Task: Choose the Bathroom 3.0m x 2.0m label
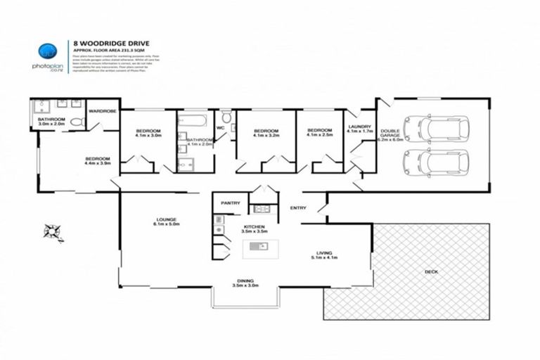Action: click(x=51, y=122)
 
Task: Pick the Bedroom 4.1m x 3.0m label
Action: click(x=148, y=133)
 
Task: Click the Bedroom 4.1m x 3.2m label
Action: click(x=266, y=133)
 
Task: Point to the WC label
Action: click(x=220, y=128)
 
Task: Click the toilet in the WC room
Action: click(x=226, y=117)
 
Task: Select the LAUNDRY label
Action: click(x=359, y=129)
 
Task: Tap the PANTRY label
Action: click(x=231, y=202)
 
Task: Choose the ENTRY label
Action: click(x=298, y=207)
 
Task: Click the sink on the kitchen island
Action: click(x=257, y=246)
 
